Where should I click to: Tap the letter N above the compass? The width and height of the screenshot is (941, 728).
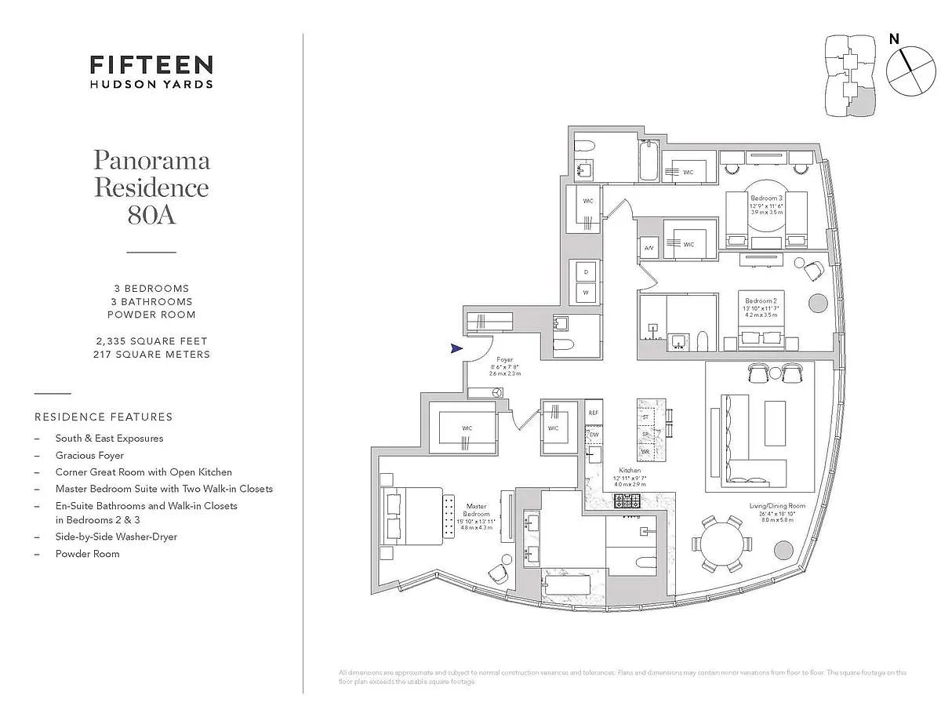tap(894, 38)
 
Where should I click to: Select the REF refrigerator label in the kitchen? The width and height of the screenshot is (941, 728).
tap(594, 412)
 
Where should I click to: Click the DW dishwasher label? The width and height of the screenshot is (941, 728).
tap(594, 434)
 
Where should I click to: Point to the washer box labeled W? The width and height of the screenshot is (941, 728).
tap(584, 293)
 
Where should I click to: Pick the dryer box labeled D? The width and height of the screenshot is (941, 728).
tap(584, 271)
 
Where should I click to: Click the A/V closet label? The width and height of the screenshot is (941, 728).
tap(649, 248)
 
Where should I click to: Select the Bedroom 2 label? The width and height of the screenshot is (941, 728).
tap(761, 301)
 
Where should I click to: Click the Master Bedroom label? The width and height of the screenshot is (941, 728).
tap(477, 511)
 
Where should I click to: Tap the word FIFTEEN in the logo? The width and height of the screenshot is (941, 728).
tap(151, 64)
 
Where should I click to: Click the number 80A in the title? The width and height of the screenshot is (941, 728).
tap(151, 214)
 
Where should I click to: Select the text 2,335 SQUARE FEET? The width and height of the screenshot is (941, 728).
tap(150, 341)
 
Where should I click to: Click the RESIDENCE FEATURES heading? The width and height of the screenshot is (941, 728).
tap(104, 417)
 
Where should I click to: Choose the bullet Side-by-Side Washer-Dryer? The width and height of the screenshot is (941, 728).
tap(116, 537)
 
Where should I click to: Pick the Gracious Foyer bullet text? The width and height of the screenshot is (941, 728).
tap(89, 455)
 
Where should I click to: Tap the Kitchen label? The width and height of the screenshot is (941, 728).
tap(630, 471)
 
